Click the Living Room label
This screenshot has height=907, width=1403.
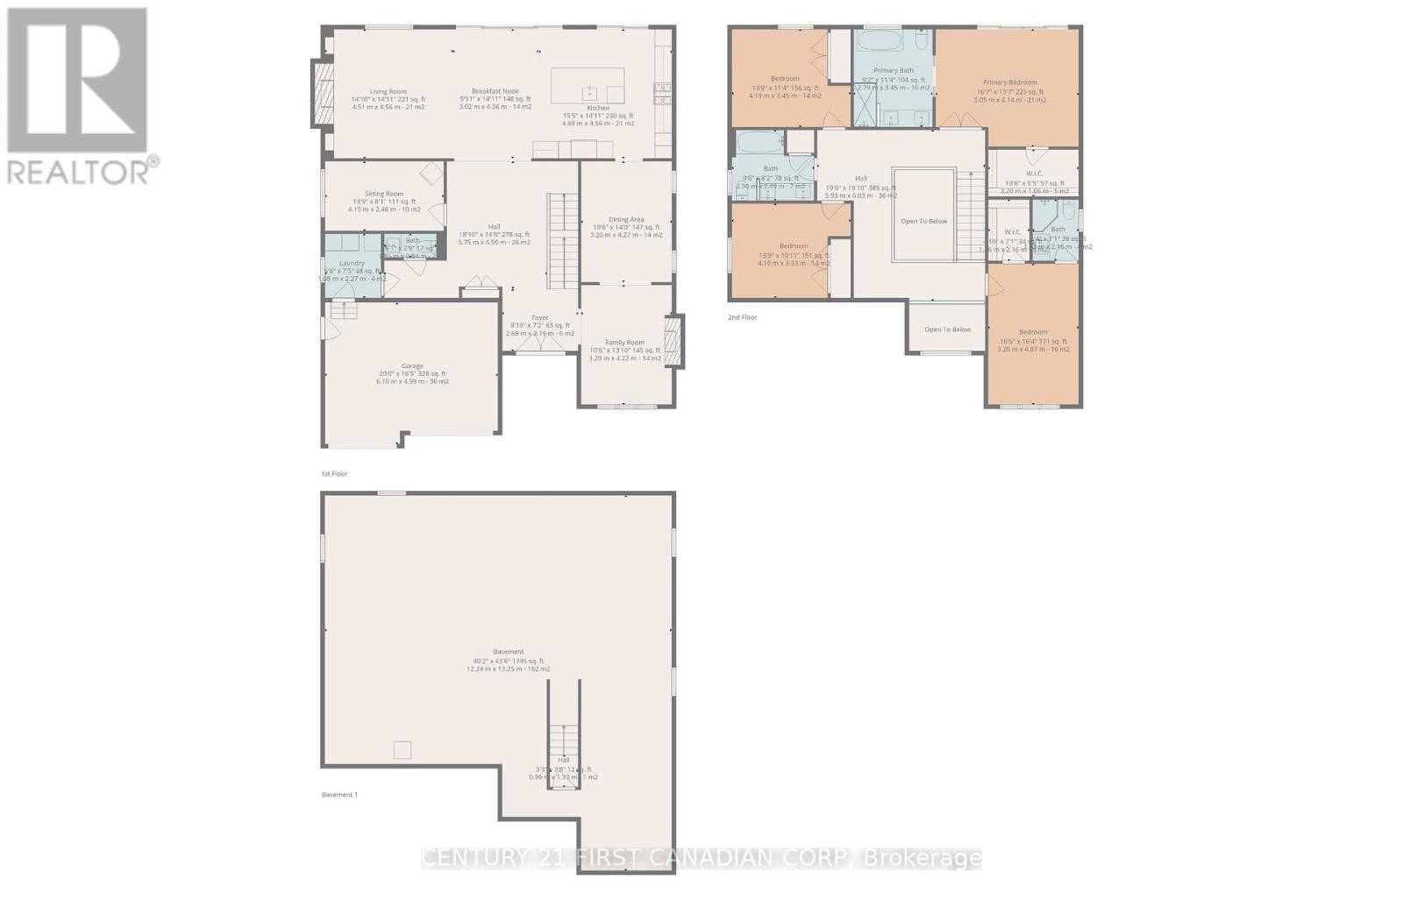pyautogui.click(x=388, y=92)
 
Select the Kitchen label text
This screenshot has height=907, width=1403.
pyautogui.click(x=598, y=109)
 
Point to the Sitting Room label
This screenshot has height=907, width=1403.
pyautogui.click(x=384, y=195)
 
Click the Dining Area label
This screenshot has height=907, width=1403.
pyautogui.click(x=626, y=220)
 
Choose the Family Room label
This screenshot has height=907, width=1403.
pyautogui.click(x=624, y=343)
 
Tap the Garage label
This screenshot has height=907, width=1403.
pyautogui.click(x=412, y=366)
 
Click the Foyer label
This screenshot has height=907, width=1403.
pyautogui.click(x=540, y=318)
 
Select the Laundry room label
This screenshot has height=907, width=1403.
pyautogui.click(x=352, y=264)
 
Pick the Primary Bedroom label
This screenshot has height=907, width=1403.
pyautogui.click(x=1009, y=83)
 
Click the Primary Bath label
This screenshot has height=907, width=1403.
pyautogui.click(x=894, y=71)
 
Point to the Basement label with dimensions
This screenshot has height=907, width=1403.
pyautogui.click(x=509, y=652)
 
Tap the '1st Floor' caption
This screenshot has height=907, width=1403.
pyautogui.click(x=334, y=474)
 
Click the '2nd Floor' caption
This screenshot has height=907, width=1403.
pyautogui.click(x=742, y=317)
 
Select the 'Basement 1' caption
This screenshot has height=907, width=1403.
pyautogui.click(x=339, y=795)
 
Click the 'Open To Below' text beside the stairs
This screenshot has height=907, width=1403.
pyautogui.click(x=923, y=221)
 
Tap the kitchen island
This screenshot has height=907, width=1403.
pyautogui.click(x=588, y=86)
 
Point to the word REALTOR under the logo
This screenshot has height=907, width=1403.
pyautogui.click(x=79, y=170)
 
